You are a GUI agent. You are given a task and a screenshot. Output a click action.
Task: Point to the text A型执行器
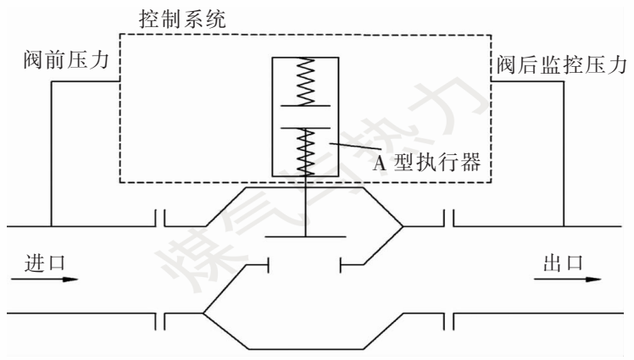[428, 163]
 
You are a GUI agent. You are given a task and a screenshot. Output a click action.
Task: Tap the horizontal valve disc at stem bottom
[304, 235]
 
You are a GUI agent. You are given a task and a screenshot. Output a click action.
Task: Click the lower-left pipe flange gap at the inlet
[159, 320]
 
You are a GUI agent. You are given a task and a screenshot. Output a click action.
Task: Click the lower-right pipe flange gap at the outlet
[449, 320]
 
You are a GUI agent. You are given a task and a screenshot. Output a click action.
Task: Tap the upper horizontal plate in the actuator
[304, 106]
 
